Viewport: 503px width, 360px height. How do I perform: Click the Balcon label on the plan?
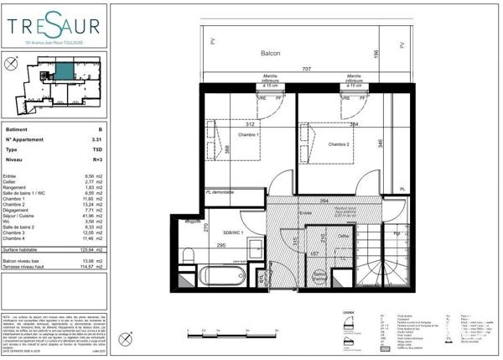[x=271, y=53]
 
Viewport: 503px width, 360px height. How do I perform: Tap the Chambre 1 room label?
[x=248, y=136]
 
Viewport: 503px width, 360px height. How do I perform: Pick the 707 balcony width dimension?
[x=307, y=68]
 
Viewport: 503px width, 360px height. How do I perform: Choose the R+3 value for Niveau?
[x=96, y=158]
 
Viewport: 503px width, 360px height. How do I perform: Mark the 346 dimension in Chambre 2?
[x=381, y=143]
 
